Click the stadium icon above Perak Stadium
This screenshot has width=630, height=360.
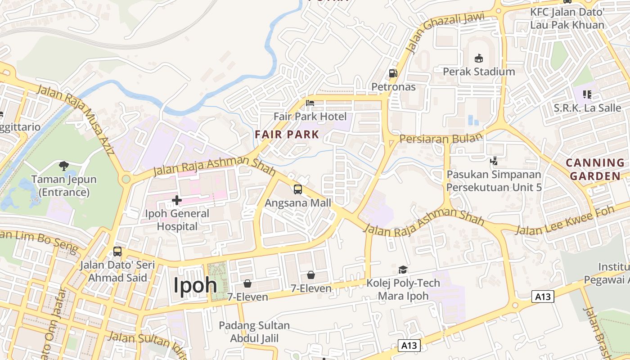pyautogui.click(x=478, y=58)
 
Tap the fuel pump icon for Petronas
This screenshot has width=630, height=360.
pyautogui.click(x=393, y=73)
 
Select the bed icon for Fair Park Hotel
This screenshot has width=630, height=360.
pyautogui.click(x=310, y=103)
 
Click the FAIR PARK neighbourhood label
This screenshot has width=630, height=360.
pyautogui.click(x=287, y=134)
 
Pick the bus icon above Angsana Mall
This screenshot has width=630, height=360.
pyautogui.click(x=297, y=189)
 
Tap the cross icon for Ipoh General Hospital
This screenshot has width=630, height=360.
pyautogui.click(x=177, y=199)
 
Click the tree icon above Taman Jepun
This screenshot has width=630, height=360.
pyautogui.click(x=64, y=166)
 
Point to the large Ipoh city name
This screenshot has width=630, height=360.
pyautogui.click(x=195, y=284)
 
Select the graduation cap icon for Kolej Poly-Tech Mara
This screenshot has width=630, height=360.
pyautogui.click(x=403, y=270)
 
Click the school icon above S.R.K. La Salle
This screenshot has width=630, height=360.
pyautogui.click(x=587, y=94)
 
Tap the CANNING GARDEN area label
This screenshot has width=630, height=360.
pyautogui.click(x=595, y=169)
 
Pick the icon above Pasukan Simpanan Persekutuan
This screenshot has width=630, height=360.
pyautogui.click(x=494, y=161)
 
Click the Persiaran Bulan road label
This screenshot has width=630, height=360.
pyautogui.click(x=441, y=139)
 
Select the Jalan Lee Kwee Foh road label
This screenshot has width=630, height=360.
pyautogui.click(x=565, y=221)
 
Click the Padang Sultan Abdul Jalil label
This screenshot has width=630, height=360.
pyautogui.click(x=254, y=332)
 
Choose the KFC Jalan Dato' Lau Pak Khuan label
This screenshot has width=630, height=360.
pyautogui.click(x=567, y=18)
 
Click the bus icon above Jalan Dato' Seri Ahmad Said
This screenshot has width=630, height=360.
pyautogui.click(x=117, y=251)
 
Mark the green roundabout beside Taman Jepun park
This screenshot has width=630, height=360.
pyautogui.click(x=126, y=179)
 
